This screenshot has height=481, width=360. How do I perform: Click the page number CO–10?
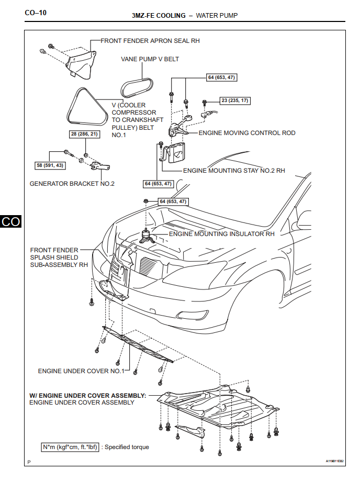click(35, 12)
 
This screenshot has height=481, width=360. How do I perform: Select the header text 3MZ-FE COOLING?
click(159, 16)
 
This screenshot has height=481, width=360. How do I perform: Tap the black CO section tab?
click(10, 221)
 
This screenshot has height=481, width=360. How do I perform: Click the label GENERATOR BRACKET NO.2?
click(72, 184)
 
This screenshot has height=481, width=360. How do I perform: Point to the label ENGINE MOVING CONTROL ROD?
click(247, 133)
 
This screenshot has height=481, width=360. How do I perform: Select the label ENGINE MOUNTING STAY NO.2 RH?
click(234, 170)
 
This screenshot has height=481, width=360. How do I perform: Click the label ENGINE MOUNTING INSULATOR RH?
click(221, 234)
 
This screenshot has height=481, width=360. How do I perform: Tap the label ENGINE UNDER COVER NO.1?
click(81, 371)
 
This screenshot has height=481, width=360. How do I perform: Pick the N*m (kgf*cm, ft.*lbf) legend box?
click(70, 447)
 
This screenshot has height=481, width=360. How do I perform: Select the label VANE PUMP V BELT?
click(150, 59)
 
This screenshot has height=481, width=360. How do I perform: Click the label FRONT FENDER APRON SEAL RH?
click(150, 40)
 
